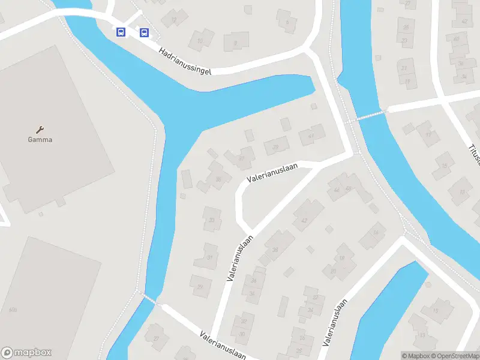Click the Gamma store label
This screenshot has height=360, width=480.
[40, 140]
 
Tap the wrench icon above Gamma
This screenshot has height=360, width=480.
[40, 130]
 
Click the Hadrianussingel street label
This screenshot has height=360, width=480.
[185, 62]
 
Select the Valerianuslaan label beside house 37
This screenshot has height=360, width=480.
[272, 171]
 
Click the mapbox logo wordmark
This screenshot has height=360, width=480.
[26, 353]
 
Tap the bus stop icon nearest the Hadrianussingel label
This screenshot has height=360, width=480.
[144, 32]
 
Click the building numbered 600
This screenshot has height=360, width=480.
[13, 310]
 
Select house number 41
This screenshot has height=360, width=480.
[311, 136]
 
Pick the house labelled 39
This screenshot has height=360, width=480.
[276, 146]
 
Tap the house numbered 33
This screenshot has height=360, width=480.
[211, 220]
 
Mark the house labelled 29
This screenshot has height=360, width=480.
[200, 286]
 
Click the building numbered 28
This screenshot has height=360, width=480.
[275, 250]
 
